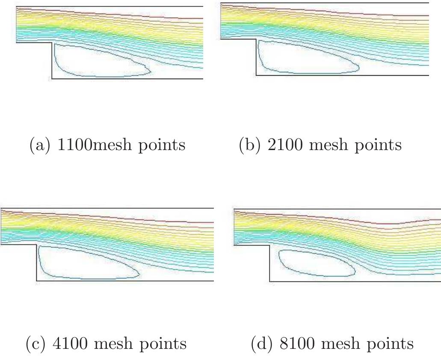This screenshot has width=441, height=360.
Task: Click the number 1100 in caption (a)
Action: click(x=74, y=145)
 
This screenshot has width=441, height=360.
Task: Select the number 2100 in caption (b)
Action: click(x=285, y=145)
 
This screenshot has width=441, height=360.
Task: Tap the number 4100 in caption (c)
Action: click(x=70, y=343)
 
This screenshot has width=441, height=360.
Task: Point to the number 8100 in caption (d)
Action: click(x=297, y=343)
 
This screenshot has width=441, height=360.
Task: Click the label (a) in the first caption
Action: click(x=41, y=145)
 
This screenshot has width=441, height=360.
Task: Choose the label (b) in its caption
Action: click(x=250, y=145)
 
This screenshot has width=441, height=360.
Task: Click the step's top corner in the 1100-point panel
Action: click(x=52, y=43)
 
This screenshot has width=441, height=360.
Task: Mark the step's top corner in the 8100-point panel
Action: click(x=270, y=245)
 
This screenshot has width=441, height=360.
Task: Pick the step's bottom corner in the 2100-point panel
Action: click(x=256, y=75)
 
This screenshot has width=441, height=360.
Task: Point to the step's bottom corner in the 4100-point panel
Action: click(x=36, y=280)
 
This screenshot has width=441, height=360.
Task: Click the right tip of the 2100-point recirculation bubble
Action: click(x=359, y=68)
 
